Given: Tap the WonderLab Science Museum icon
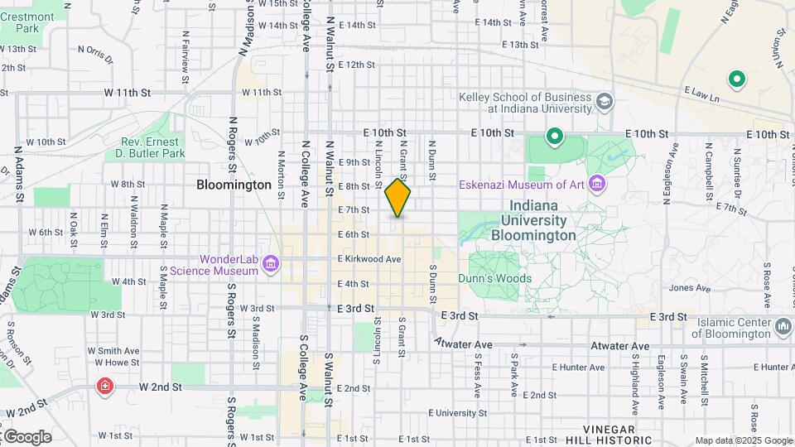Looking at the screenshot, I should [x=270, y=265].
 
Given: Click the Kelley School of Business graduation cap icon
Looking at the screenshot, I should [x=605, y=102].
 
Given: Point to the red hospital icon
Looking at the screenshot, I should [x=105, y=387].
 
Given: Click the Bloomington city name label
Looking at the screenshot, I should [x=234, y=185].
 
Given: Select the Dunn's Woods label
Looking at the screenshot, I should [x=495, y=279].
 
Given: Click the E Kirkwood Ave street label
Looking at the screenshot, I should [x=369, y=259].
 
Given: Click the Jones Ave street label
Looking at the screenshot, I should [x=689, y=288].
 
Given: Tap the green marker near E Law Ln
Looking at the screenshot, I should [x=735, y=79].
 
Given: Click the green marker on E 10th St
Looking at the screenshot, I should [x=554, y=135].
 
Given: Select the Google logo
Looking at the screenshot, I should [x=26, y=437].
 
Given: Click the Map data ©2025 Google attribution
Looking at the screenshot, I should [x=744, y=440].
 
